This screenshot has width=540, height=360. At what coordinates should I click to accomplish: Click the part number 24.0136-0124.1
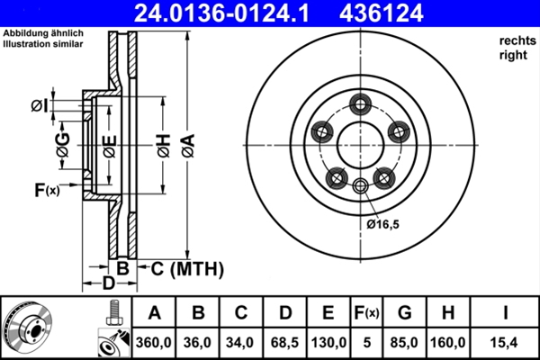[x=221, y=13]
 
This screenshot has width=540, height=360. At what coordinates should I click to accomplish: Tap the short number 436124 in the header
[x=382, y=13]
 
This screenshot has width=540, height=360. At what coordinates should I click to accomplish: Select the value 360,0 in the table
[x=154, y=342]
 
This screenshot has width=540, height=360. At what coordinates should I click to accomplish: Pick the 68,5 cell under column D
[x=284, y=342]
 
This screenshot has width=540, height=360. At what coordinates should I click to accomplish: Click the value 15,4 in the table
[x=505, y=342]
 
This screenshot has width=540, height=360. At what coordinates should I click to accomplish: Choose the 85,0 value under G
[x=404, y=342]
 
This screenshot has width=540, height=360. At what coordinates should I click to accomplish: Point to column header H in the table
[x=447, y=313]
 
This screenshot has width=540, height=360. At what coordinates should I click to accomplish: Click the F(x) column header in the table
[x=367, y=313]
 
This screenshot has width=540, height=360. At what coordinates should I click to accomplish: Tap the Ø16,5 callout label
[x=382, y=225]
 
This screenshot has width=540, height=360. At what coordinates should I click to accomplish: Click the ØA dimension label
[x=189, y=146]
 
